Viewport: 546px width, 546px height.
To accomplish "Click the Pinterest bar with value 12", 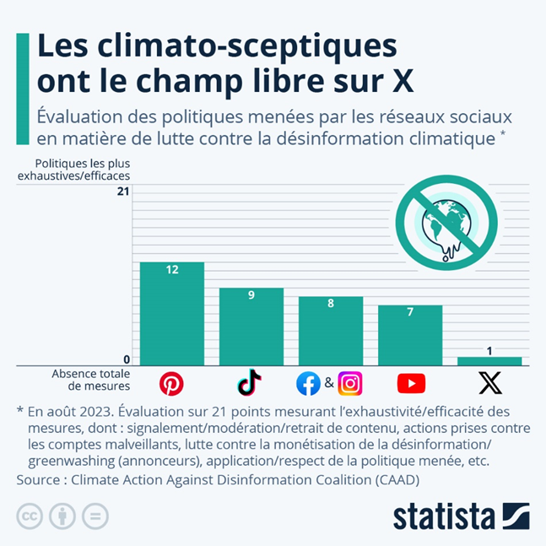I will coord(172,313).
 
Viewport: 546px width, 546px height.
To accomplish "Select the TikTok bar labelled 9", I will coord(251,327).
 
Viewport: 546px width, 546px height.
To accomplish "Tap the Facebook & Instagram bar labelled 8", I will coord(331,331).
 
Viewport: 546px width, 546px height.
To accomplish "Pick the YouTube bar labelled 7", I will coord(410,335).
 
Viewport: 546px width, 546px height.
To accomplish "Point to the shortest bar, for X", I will coord(489,361).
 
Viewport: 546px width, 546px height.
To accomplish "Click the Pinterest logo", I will coord(171,384).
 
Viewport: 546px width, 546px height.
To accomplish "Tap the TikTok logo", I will coord(250,383).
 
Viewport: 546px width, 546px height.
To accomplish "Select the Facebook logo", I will coord(308,384).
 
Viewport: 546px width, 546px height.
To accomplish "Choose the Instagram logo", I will coord(350,384).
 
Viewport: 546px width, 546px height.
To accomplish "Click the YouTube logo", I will coord(411,384).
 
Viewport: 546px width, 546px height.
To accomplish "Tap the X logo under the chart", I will coord(490,384).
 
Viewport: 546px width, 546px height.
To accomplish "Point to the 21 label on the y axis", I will coord(123,192).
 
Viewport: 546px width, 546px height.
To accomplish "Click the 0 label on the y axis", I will coord(127,360).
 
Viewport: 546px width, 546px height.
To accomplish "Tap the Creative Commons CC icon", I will coord(30,516).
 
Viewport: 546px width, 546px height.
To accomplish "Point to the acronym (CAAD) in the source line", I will coord(391,479).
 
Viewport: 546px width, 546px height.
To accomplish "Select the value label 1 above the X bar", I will coord(489,350).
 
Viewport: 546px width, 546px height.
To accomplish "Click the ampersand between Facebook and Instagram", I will coord(329,384).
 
